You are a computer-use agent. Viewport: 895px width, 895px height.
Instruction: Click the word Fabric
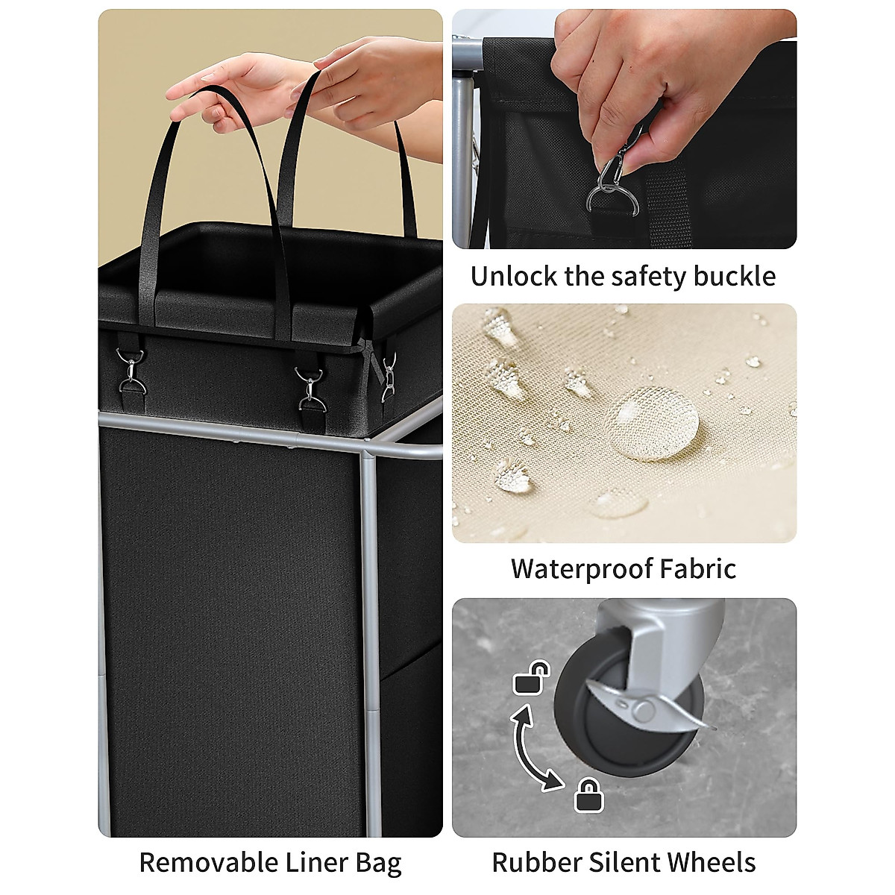click(700, 568)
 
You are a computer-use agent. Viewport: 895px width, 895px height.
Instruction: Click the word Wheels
click(710, 862)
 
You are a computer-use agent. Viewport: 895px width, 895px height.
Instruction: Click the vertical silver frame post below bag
click(371, 597)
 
